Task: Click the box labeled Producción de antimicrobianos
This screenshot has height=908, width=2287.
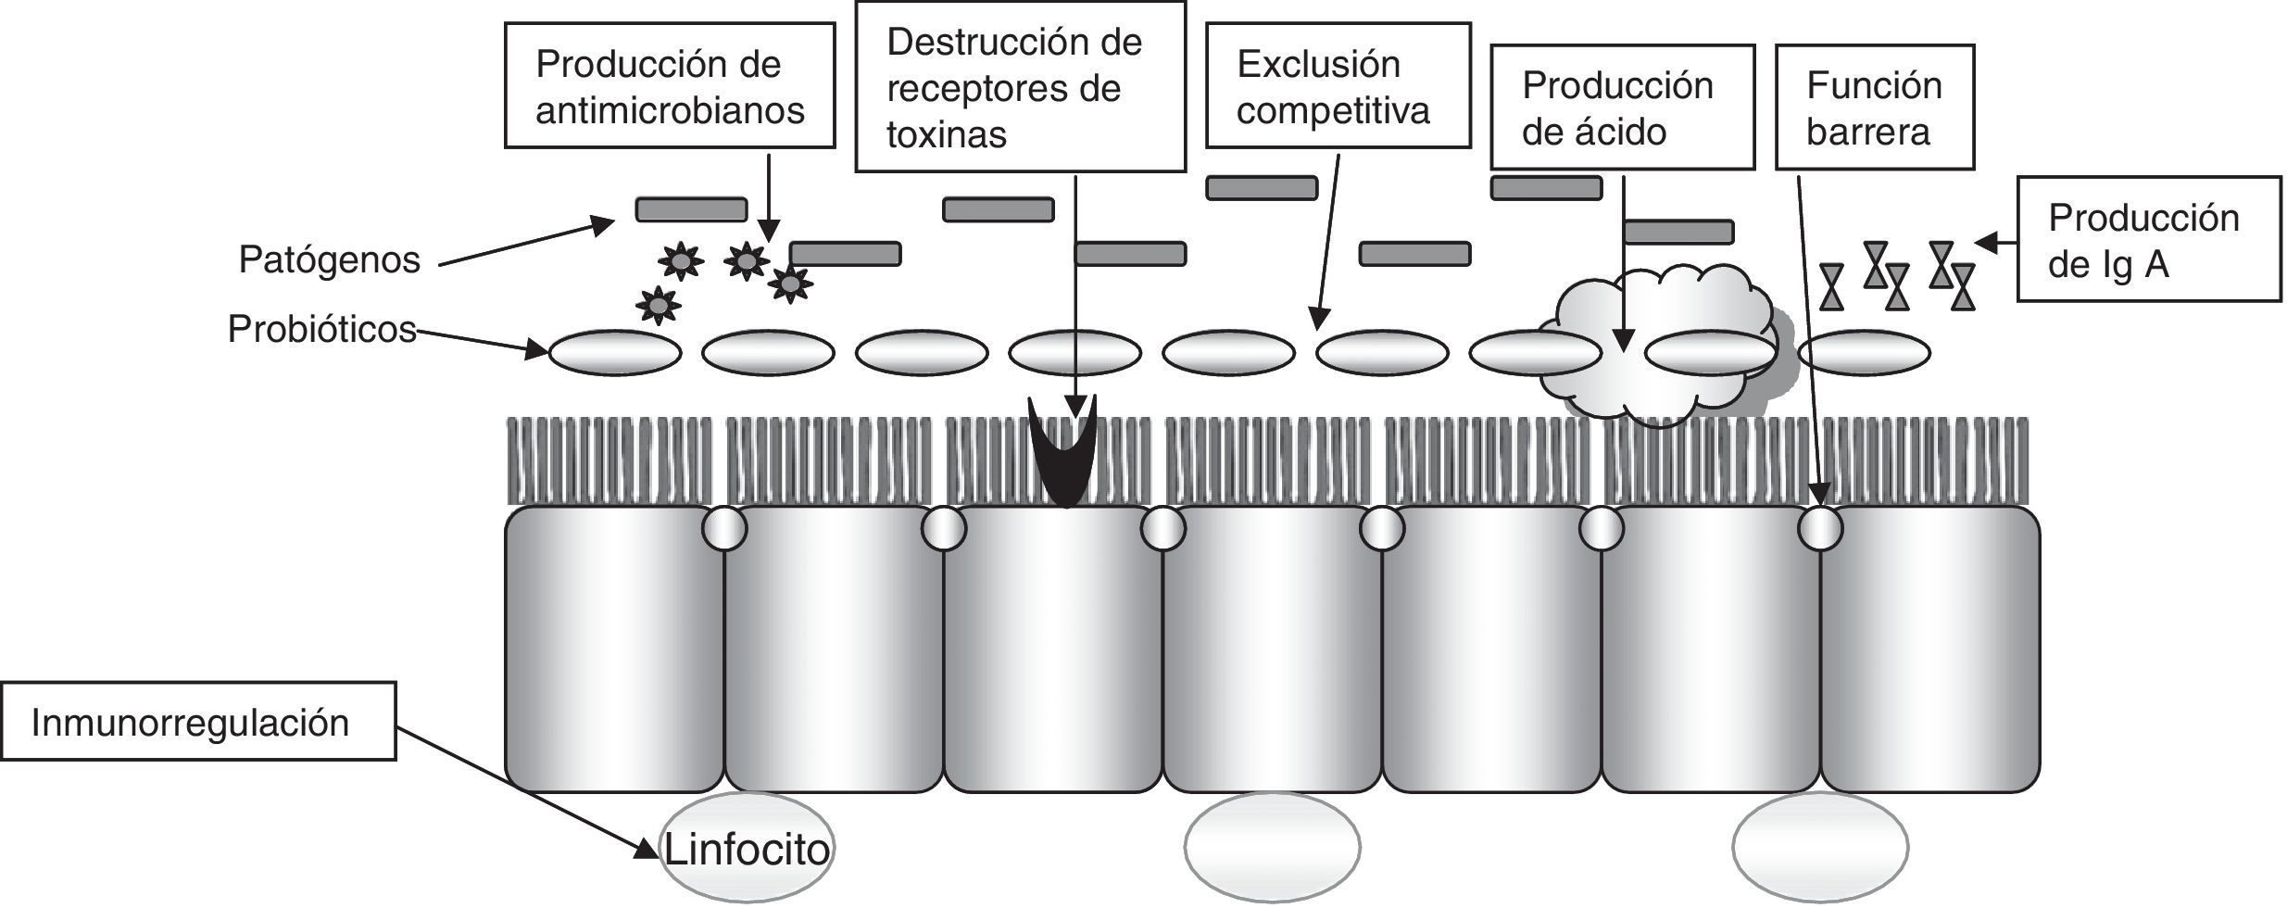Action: [669, 85]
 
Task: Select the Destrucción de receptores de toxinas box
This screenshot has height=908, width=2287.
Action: [1019, 87]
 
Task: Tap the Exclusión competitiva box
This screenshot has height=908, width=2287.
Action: [1337, 85]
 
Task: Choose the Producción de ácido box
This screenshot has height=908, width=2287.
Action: [1621, 107]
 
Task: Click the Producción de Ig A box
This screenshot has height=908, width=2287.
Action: [2147, 239]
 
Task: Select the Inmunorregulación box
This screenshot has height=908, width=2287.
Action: [197, 722]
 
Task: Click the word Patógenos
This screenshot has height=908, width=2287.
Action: [329, 259]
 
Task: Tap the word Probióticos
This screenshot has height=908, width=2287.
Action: [321, 329]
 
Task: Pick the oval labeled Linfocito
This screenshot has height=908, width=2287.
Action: [747, 848]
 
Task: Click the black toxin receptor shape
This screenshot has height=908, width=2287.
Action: [1063, 454]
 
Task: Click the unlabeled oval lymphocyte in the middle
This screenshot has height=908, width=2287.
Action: [1272, 848]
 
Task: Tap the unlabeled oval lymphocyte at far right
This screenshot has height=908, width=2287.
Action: [1819, 848]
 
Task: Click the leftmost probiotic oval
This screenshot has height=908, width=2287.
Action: [615, 353]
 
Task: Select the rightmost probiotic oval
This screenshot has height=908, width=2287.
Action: [1864, 353]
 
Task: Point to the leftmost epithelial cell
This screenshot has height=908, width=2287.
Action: [613, 649]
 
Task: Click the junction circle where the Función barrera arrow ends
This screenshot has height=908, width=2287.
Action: [1819, 529]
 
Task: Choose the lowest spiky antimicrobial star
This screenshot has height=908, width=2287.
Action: [658, 304]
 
